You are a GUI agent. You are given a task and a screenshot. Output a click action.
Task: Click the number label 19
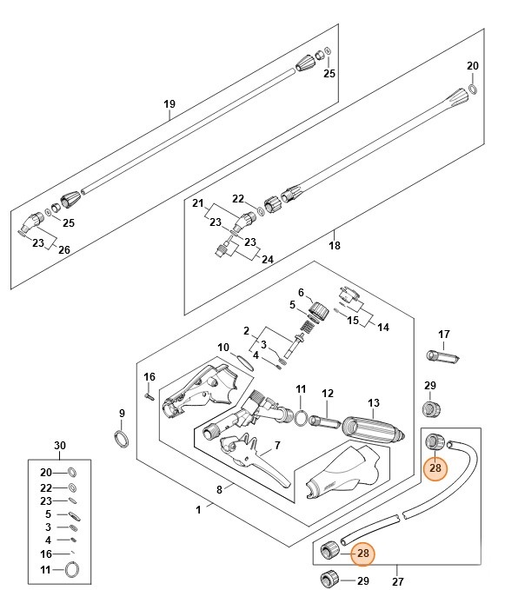point(169,104)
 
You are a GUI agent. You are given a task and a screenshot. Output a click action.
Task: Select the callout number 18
point(334,246)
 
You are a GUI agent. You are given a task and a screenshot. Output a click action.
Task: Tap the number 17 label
point(443,334)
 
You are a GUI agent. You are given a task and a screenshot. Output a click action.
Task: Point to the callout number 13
point(374,402)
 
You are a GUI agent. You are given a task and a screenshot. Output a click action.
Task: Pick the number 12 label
point(328,394)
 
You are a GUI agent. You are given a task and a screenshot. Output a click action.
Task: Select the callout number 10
point(223,348)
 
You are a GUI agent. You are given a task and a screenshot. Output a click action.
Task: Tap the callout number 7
point(276,446)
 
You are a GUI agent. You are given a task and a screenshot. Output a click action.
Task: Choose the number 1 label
point(198,509)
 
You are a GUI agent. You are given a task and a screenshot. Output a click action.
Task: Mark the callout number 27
point(398,580)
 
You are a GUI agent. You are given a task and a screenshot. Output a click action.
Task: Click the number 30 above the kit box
point(60,446)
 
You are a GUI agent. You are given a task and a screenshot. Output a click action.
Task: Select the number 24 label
point(268,259)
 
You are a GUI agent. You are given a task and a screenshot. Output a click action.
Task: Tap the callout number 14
point(384,326)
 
